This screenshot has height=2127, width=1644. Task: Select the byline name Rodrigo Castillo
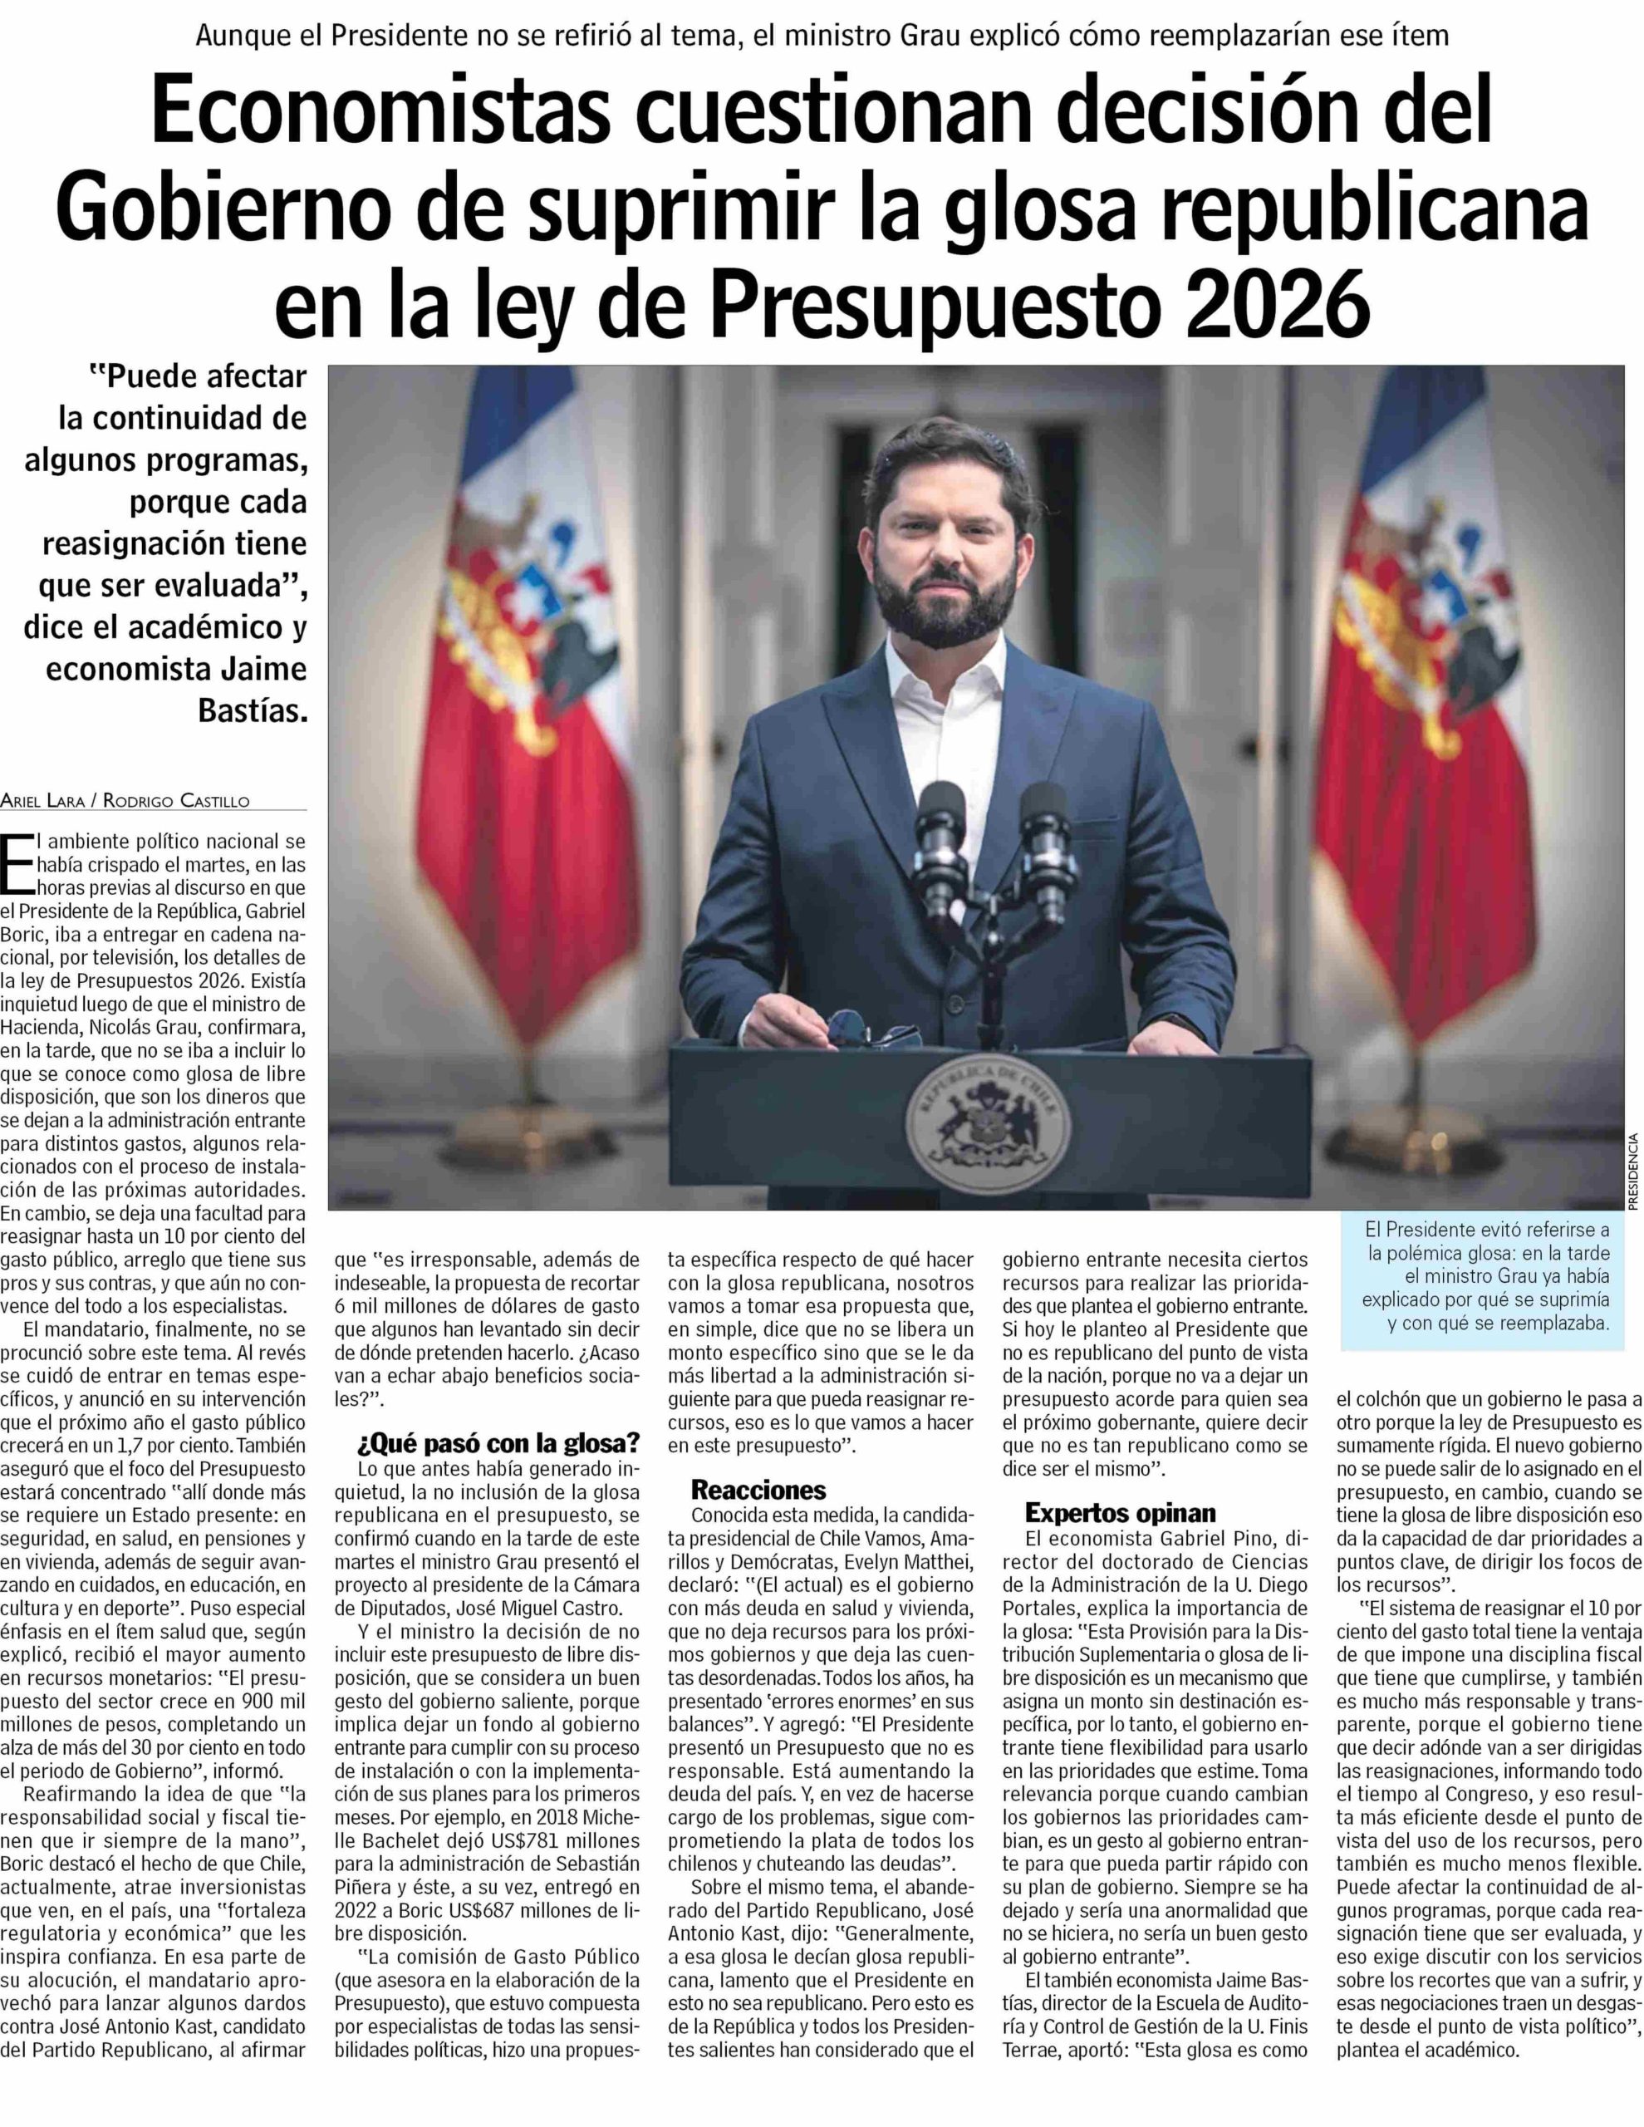[176, 801]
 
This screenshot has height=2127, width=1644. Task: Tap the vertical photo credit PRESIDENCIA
[1632, 1171]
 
